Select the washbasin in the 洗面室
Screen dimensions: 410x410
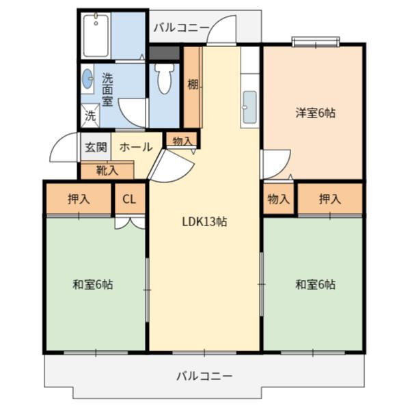[x=87, y=79]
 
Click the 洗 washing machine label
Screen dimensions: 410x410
[x=90, y=116]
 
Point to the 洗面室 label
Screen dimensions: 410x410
[x=107, y=90]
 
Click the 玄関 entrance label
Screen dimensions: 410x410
[x=95, y=147]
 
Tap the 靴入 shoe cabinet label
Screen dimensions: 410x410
[x=107, y=170]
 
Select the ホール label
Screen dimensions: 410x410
[x=135, y=147]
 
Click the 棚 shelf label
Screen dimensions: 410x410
[x=193, y=85]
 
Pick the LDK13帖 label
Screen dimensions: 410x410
[x=204, y=221]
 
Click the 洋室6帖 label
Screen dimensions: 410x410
[x=315, y=113]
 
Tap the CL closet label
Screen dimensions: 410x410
[x=129, y=200]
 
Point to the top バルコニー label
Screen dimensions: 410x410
[x=181, y=27]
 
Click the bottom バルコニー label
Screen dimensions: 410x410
[x=204, y=376]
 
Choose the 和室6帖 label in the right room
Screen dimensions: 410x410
[x=315, y=284]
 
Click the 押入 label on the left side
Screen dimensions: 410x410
[x=79, y=200]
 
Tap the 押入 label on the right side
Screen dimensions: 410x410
[x=330, y=200]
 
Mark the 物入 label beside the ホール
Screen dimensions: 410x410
[x=182, y=141]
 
